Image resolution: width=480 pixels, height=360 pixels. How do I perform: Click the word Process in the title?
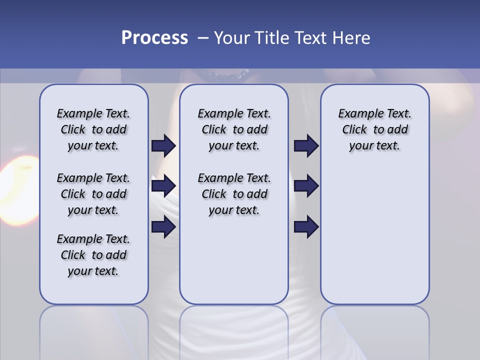(154, 38)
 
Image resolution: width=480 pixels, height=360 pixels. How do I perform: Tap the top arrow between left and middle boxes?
(163, 146)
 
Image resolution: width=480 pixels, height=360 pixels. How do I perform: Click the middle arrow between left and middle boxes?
(163, 186)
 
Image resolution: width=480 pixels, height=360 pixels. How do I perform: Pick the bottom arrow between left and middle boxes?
(163, 227)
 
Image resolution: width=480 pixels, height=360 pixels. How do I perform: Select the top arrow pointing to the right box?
(306, 146)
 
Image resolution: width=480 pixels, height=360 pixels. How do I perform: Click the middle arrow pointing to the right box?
(306, 186)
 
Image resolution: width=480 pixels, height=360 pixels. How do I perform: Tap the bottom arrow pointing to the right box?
(306, 227)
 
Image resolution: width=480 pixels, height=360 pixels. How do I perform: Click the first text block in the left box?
(93, 129)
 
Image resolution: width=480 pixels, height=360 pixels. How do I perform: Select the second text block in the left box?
(93, 194)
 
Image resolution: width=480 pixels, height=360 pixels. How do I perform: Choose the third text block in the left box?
(93, 255)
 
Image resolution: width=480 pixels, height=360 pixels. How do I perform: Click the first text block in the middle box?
(234, 129)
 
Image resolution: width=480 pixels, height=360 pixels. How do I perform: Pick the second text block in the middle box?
(234, 194)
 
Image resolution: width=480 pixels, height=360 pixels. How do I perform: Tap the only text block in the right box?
(374, 129)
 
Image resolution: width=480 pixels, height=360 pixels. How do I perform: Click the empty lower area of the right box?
(374, 240)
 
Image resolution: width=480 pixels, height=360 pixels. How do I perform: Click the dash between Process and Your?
(202, 38)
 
